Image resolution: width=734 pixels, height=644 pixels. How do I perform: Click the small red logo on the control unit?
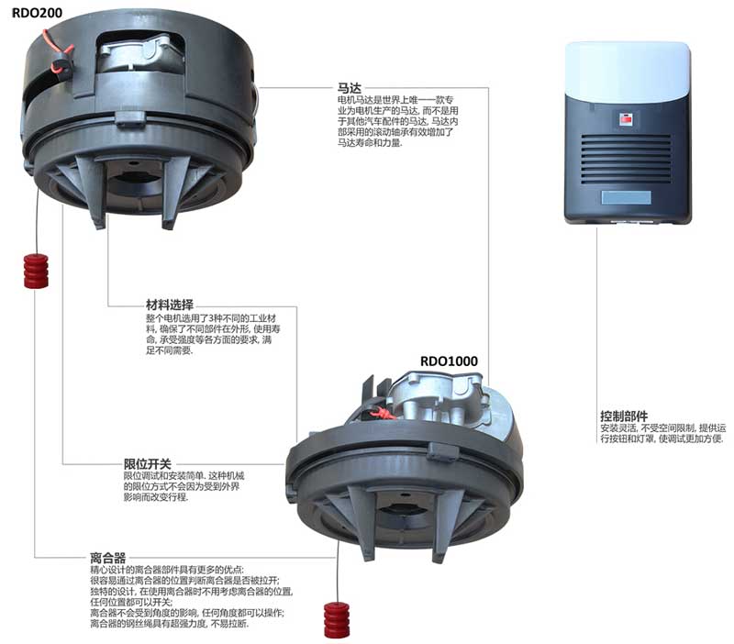point(626,117)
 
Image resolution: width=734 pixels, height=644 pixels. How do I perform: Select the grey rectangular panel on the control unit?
point(626,197)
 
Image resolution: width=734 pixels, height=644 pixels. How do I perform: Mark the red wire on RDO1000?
point(384,413)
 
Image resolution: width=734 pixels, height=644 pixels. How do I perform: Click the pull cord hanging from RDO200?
point(36,220)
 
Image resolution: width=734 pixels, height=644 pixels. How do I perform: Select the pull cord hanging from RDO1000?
point(339,573)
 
